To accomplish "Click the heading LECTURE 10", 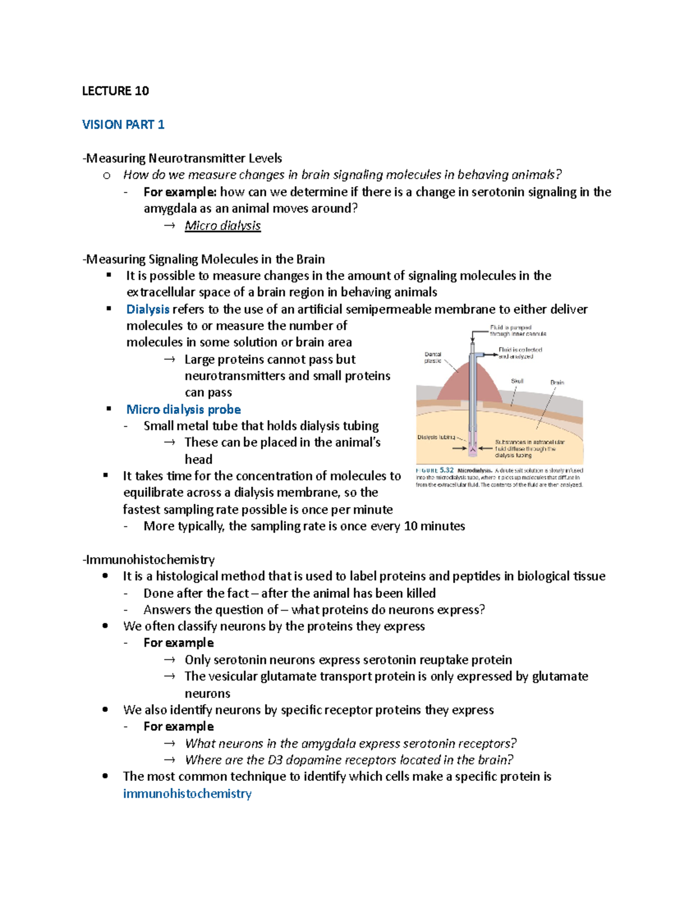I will pos(115,91).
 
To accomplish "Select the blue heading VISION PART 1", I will pos(123,124).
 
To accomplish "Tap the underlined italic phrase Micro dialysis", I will pos(222,226).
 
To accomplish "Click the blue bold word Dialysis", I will pos(148,309).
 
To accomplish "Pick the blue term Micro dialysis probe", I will pos(183,409).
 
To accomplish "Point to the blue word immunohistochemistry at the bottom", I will pos(187,794).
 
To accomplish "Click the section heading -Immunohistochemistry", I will pos(149,559).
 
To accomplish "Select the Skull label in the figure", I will pos(517,381).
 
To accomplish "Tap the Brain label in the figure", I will pos(557,383).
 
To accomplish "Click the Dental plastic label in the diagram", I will pos(433,358).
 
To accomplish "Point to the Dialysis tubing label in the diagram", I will pos(436,437).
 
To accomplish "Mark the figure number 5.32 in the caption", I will pos(447,470).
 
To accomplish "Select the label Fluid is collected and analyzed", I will pos(519,353).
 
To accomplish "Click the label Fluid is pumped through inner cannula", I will pos(518,331).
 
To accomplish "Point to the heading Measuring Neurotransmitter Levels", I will pos(183,158).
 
